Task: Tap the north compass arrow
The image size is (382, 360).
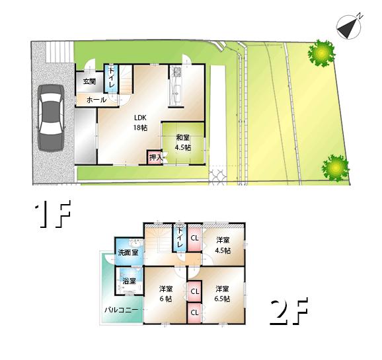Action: click(349, 26)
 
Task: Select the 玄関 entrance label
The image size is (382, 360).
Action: click(89, 82)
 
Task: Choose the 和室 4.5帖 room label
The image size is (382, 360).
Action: click(182, 143)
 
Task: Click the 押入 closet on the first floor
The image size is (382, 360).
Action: click(155, 157)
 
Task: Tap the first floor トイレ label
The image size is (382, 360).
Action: click(112, 79)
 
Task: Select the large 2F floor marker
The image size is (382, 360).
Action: click(289, 313)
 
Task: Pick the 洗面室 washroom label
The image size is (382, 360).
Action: click(128, 252)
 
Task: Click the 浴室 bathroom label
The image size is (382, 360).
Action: click(129, 281)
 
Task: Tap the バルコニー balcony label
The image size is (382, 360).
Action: click(120, 309)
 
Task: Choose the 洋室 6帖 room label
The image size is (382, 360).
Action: click(165, 293)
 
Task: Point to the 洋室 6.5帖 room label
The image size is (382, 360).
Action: click(221, 293)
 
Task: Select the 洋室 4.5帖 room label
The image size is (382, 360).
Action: click(222, 245)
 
